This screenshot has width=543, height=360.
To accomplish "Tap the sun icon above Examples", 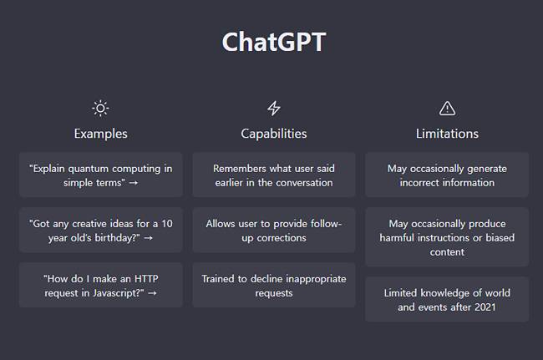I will pyautogui.click(x=100, y=108).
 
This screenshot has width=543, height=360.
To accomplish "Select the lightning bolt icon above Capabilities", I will pyautogui.click(x=273, y=108).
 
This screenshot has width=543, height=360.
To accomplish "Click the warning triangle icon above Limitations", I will pyautogui.click(x=447, y=108).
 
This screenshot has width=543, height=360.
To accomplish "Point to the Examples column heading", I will pyautogui.click(x=100, y=134).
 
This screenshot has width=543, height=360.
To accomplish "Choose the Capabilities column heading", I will pyautogui.click(x=273, y=134).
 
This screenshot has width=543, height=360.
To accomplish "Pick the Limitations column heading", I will pyautogui.click(x=447, y=134).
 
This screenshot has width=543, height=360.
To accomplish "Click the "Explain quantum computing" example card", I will pyautogui.click(x=100, y=175).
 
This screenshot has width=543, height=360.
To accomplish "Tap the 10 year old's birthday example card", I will pyautogui.click(x=100, y=231).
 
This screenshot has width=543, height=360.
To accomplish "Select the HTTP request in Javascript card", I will pyautogui.click(x=100, y=286).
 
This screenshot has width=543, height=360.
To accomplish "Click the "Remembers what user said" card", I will pyautogui.click(x=273, y=175).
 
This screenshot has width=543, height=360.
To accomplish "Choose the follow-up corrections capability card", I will pyautogui.click(x=273, y=231).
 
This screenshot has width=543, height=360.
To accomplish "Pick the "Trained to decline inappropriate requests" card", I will pyautogui.click(x=273, y=286).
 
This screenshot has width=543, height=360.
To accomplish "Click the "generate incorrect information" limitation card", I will pyautogui.click(x=447, y=175).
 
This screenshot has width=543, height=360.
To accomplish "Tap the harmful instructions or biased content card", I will pyautogui.click(x=447, y=237).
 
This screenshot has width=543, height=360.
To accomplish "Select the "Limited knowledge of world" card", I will pyautogui.click(x=447, y=300).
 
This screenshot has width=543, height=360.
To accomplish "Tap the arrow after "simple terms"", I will pyautogui.click(x=134, y=182).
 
